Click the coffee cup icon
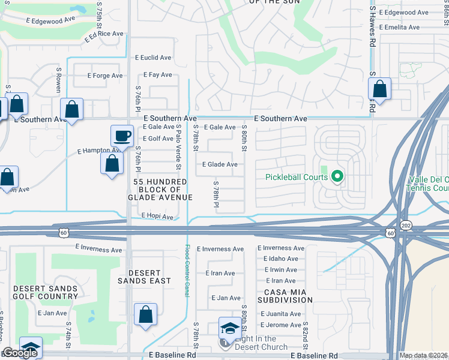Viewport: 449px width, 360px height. click(122, 136)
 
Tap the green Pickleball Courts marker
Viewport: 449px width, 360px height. click(337, 176)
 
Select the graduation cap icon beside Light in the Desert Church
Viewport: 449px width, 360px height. click(229, 328)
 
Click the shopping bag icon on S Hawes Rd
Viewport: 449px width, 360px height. click(379, 89)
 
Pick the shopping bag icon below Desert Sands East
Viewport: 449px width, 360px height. click(145, 314)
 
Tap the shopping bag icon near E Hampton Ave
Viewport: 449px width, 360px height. click(112, 163)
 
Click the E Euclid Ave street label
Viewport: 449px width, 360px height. click(152, 58)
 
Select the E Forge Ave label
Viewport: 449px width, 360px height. click(105, 76)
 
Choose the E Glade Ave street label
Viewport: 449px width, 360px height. click(220, 164)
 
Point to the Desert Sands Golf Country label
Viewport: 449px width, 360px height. click(46, 293)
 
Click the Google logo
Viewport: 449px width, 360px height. click(20, 353)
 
